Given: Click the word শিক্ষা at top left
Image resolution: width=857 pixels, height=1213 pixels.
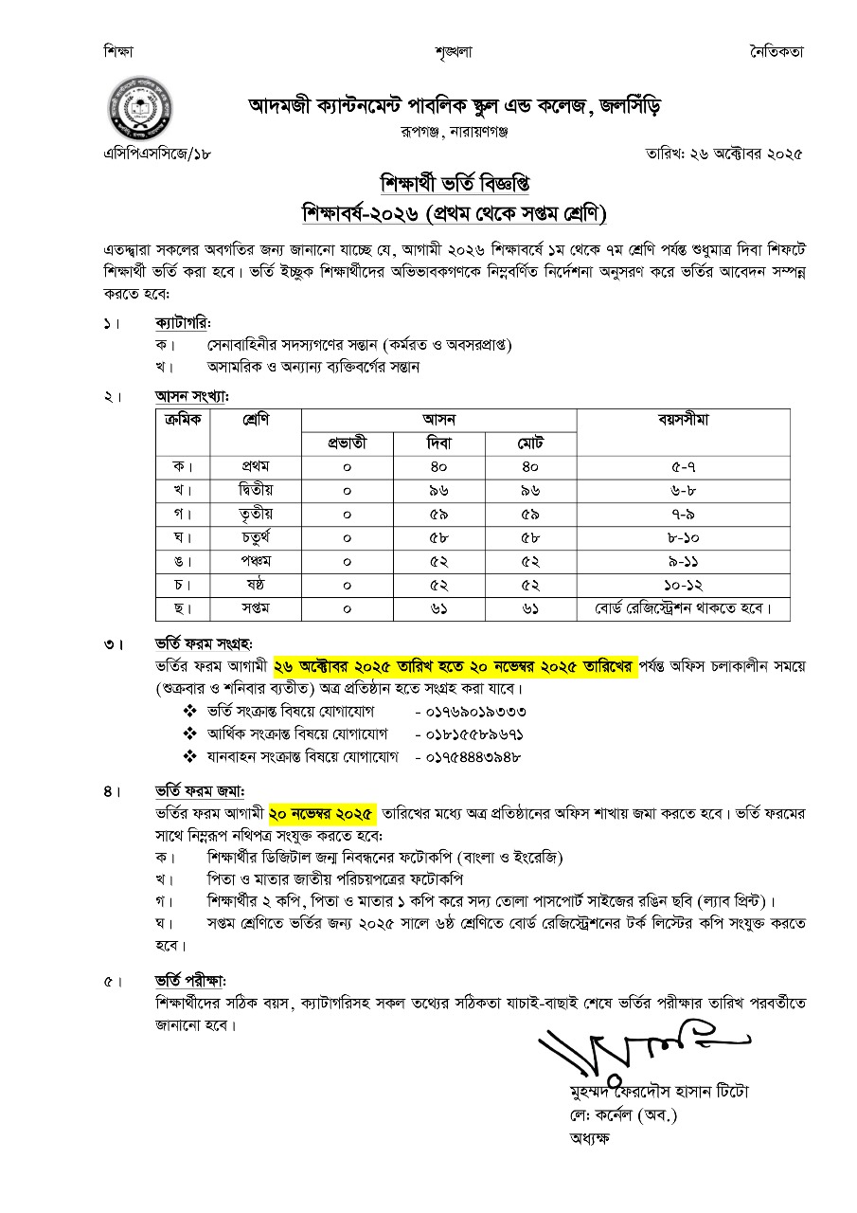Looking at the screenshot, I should point(120,51).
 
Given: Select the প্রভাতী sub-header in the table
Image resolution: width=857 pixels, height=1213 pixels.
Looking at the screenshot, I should point(347,443).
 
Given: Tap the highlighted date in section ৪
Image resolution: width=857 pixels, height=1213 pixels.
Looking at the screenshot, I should point(322,813).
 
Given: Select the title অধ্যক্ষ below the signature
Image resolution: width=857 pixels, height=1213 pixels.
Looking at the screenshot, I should point(590,1137).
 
